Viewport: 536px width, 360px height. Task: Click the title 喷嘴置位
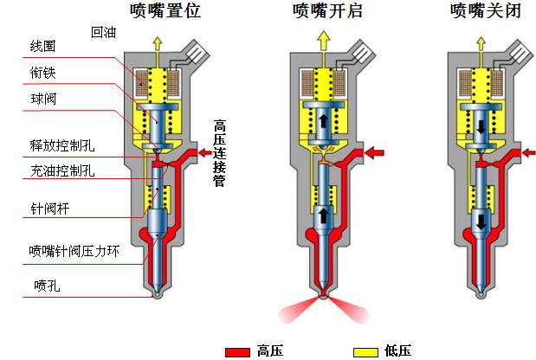[x=165, y=11]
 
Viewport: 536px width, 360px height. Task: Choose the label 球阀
[x=42, y=100]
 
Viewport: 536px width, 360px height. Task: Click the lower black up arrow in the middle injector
[x=322, y=211]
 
